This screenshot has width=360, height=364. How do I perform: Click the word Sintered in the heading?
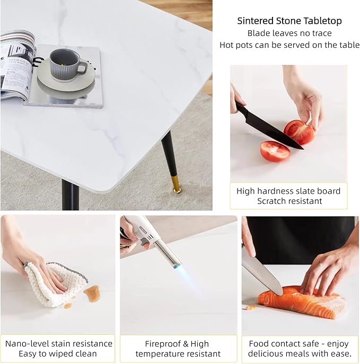(255, 21)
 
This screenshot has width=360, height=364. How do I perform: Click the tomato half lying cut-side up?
(275, 151)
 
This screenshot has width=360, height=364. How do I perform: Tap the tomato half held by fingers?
(299, 132)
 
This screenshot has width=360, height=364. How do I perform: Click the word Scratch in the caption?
(273, 201)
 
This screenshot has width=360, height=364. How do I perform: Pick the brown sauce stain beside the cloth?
(92, 293)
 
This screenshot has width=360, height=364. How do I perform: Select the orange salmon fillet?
(302, 301)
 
